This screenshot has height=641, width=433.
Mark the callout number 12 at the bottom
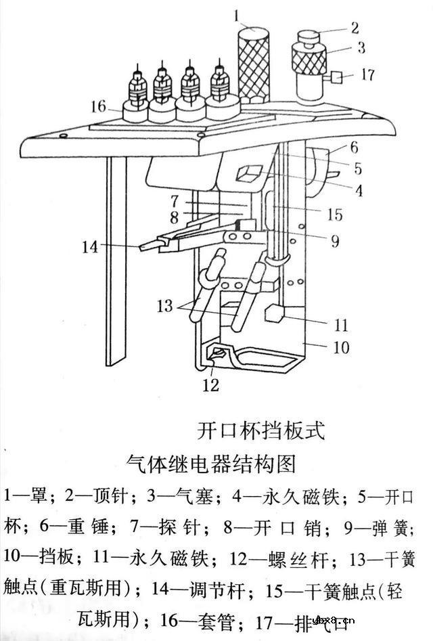211,385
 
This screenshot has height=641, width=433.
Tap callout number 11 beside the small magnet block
340,326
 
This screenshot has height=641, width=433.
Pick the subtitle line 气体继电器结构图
211,464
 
